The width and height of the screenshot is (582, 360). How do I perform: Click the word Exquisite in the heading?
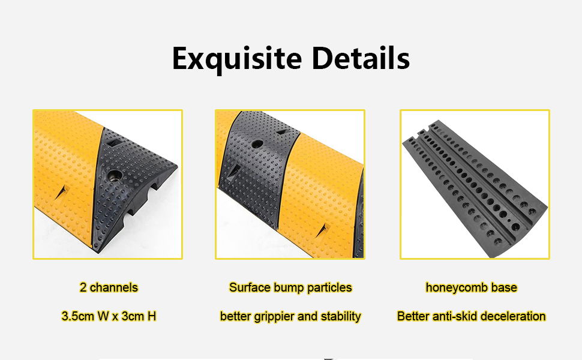click(237, 59)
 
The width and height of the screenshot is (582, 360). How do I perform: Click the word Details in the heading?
click(361, 58)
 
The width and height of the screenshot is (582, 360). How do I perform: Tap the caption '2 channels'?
click(109, 287)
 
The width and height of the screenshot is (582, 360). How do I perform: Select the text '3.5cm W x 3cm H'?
click(109, 316)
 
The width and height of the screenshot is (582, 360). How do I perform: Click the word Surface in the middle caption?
click(250, 287)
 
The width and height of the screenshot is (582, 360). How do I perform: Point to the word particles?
click(329, 288)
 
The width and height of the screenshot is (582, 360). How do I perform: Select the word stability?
click(341, 317)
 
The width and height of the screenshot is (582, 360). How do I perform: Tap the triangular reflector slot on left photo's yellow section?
click(63, 192)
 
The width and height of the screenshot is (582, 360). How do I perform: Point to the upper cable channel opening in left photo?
click(155, 187)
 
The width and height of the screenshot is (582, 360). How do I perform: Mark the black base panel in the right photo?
click(475, 189)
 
